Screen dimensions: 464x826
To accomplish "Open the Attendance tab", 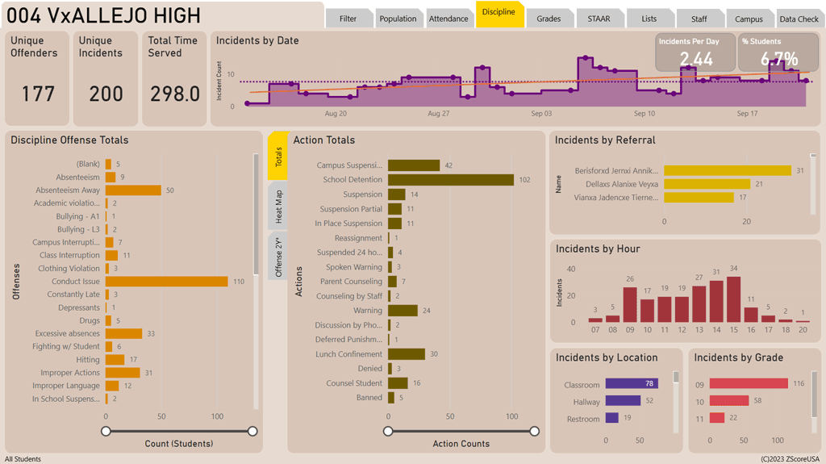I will click(448, 19).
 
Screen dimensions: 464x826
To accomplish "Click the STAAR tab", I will click(599, 19).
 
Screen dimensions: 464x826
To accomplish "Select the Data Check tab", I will click(798, 19).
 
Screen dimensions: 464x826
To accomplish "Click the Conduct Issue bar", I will click(167, 282).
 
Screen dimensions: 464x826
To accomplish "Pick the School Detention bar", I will click(451, 180).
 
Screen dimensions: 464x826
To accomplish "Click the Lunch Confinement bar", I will click(407, 354).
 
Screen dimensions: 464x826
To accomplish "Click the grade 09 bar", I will click(749, 384).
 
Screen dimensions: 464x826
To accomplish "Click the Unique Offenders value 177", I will click(38, 94).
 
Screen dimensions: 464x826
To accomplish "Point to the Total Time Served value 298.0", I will click(175, 94).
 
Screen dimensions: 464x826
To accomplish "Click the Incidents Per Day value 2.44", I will click(695, 59).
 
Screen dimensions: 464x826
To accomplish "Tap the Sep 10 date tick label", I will click(645, 114).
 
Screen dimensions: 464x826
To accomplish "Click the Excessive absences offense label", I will click(67, 333).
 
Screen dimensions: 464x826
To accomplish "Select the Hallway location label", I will click(586, 402).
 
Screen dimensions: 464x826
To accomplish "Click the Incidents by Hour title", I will click(597, 249).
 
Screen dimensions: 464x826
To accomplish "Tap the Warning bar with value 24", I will click(403, 311).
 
